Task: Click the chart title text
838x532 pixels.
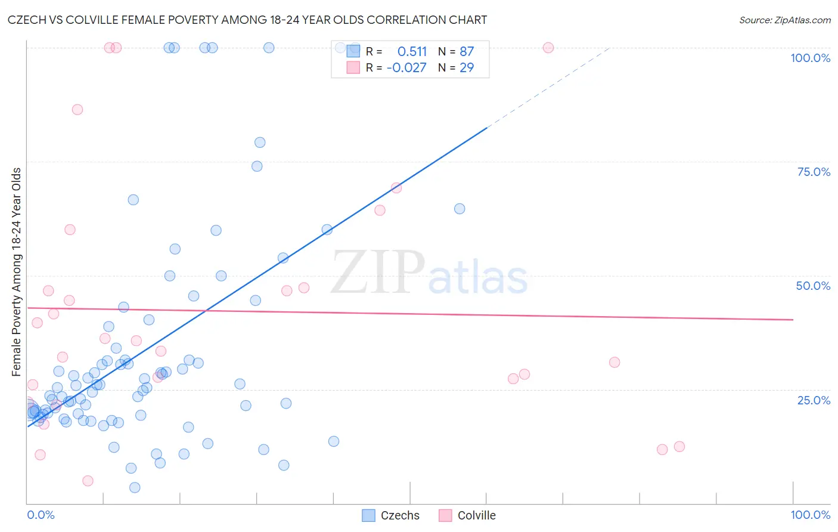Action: tap(247, 20)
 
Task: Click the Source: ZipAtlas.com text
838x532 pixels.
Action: tap(784, 20)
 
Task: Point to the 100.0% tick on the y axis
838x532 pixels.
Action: tap(810, 58)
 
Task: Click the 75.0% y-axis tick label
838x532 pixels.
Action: tap(814, 172)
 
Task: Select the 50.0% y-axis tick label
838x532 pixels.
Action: tap(813, 286)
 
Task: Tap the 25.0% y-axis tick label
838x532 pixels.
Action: tap(814, 400)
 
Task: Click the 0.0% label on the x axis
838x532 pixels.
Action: tap(41, 515)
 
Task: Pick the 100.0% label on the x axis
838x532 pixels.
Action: tap(810, 515)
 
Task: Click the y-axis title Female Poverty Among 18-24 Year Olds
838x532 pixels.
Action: tap(17, 272)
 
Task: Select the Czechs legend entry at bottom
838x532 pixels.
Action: tap(391, 515)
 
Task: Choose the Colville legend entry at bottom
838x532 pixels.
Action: tap(468, 515)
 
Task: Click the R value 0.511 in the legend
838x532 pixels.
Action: tap(412, 52)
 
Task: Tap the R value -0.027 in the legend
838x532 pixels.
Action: tap(406, 67)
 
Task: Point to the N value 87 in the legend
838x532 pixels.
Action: tap(467, 52)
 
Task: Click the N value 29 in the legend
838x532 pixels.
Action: tap(467, 67)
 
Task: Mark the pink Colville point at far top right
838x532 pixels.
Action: tap(548, 48)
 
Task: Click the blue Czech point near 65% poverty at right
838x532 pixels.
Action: tap(460, 209)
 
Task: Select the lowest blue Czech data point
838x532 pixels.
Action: tap(135, 487)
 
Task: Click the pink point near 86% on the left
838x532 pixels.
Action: tap(77, 110)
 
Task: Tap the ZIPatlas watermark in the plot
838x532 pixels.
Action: tap(429, 273)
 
